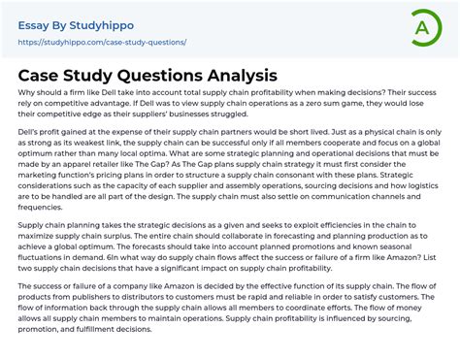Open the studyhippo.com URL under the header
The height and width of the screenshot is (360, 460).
pos(102,43)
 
